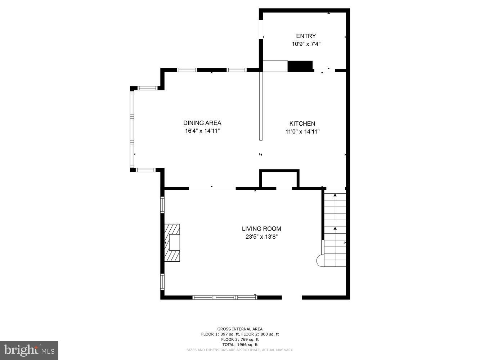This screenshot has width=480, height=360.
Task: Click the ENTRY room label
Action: coord(306,36)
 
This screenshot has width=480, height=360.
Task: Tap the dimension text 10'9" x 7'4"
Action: coord(306,44)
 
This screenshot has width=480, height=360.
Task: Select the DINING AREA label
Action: coord(202,123)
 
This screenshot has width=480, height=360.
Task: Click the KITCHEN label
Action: coord(302,123)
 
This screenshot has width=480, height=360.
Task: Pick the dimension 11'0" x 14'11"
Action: coord(302,132)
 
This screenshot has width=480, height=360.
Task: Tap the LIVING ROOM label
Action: coord(261,229)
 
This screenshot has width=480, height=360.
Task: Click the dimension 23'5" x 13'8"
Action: coord(261,237)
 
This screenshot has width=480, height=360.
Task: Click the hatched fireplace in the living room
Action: coord(172,243)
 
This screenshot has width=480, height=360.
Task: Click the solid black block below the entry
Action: coord(300,66)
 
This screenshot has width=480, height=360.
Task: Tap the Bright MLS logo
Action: coord(29,350)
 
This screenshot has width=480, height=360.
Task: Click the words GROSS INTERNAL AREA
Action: coord(240,329)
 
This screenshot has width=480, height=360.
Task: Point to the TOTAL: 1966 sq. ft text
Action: coord(240,345)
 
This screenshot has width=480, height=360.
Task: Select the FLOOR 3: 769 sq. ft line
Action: coord(240,339)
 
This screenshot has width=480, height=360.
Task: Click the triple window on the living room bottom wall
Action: coord(225,297)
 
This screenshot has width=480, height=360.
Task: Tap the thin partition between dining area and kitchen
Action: coord(261,106)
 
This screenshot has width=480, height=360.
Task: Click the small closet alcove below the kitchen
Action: coord(279,179)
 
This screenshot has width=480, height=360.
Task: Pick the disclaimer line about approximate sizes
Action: coord(240,350)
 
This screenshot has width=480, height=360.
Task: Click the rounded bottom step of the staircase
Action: coord(320,261)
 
